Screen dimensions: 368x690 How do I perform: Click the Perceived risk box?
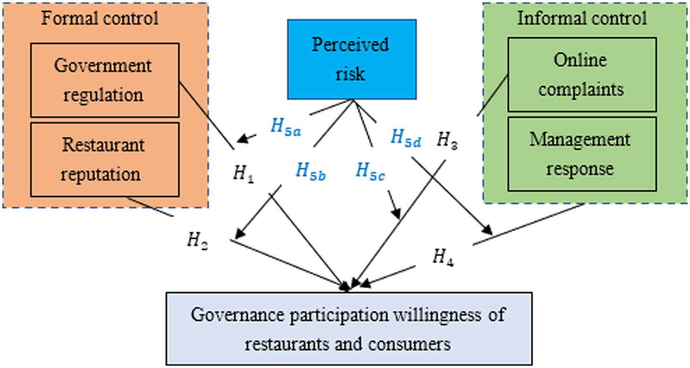coord(352,59)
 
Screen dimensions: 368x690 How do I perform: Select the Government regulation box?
coord(104,80)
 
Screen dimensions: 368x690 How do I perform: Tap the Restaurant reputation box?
coord(104,159)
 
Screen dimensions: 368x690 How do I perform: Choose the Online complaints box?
coord(582,74)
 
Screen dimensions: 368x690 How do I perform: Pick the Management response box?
coord(582,154)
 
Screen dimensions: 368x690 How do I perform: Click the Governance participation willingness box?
coord(349,329)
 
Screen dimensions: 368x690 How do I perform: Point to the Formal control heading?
coord(100,18)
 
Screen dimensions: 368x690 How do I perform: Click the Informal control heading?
coord(582,18)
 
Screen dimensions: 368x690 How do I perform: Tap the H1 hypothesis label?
coord(243,173)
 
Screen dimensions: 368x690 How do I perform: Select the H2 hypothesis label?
coord(197,240)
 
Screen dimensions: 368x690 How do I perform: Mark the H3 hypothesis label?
coord(447,140)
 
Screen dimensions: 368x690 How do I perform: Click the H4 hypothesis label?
coord(443,257)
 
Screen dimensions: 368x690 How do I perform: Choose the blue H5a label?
coord(285,127)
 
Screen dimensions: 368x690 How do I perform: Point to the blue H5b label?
coord(310,171)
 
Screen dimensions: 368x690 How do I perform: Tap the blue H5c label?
coord(370,171)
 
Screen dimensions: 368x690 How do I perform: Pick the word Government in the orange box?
coord(103,66)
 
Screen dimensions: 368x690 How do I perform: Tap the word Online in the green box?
coord(580,60)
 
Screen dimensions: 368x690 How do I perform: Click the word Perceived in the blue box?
coord(350,44)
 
